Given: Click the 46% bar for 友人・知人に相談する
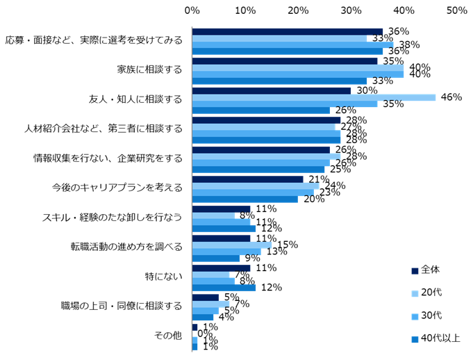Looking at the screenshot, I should coord(314,97).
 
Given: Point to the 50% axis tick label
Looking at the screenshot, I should coord(456,10).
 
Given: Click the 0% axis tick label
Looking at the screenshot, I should coord(192,10).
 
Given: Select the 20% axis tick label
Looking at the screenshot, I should coord(298,10).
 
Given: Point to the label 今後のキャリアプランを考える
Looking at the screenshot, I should coord(117,188).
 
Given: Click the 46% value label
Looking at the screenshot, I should coord(451,97).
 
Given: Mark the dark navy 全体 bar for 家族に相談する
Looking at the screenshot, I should coord(285,60).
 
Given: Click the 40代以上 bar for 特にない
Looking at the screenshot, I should coord(224,288).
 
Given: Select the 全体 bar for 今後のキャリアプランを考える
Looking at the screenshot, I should coord(248,179).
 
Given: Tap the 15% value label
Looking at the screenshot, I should coord(287,244).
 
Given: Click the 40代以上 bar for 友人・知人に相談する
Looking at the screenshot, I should coord(261,110).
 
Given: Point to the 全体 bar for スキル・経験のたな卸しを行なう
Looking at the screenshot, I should coord(221,208).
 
